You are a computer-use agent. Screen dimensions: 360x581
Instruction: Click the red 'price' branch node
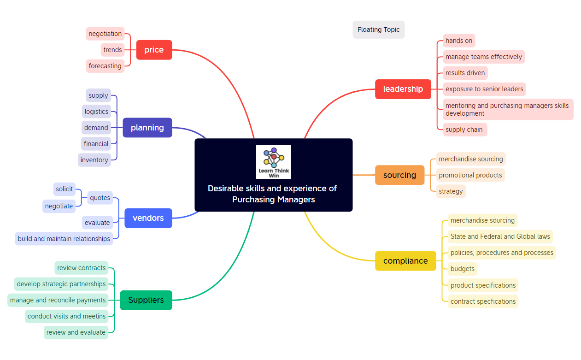pos(154,50)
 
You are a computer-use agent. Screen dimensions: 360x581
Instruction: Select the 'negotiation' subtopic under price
pos(105,34)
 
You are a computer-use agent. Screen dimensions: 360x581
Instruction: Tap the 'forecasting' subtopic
pos(105,66)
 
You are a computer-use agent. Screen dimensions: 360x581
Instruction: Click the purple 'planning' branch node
pos(147,128)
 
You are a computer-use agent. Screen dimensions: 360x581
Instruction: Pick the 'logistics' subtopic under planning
pos(96,112)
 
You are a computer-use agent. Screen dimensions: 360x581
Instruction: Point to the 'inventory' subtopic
pos(94,160)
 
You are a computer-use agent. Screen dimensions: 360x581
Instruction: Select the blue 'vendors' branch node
pos(148,218)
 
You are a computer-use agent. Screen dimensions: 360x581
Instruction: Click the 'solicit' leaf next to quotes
pos(65,189)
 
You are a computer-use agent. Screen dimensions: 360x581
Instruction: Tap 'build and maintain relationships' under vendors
pos(64,239)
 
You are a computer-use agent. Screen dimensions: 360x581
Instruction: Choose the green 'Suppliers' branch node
pos(146,300)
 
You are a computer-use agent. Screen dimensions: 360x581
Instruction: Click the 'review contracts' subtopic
pos(82,268)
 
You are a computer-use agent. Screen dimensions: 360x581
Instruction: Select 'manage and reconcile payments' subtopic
pos(58,300)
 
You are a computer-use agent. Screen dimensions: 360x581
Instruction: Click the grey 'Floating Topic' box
pos(378,30)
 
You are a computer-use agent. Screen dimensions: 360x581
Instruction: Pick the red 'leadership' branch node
pos(403,89)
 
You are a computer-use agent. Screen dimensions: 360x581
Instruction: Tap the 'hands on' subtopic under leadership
pos(458,41)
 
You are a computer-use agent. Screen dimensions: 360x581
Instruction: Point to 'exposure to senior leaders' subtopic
pos(484,89)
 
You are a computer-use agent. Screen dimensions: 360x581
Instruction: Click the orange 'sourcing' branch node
pos(399,175)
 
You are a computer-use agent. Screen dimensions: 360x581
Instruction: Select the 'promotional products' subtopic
pos(470,175)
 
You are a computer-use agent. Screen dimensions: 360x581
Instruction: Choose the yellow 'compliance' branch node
pos(405,261)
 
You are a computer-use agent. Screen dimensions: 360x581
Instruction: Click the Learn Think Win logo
pos(274,162)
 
